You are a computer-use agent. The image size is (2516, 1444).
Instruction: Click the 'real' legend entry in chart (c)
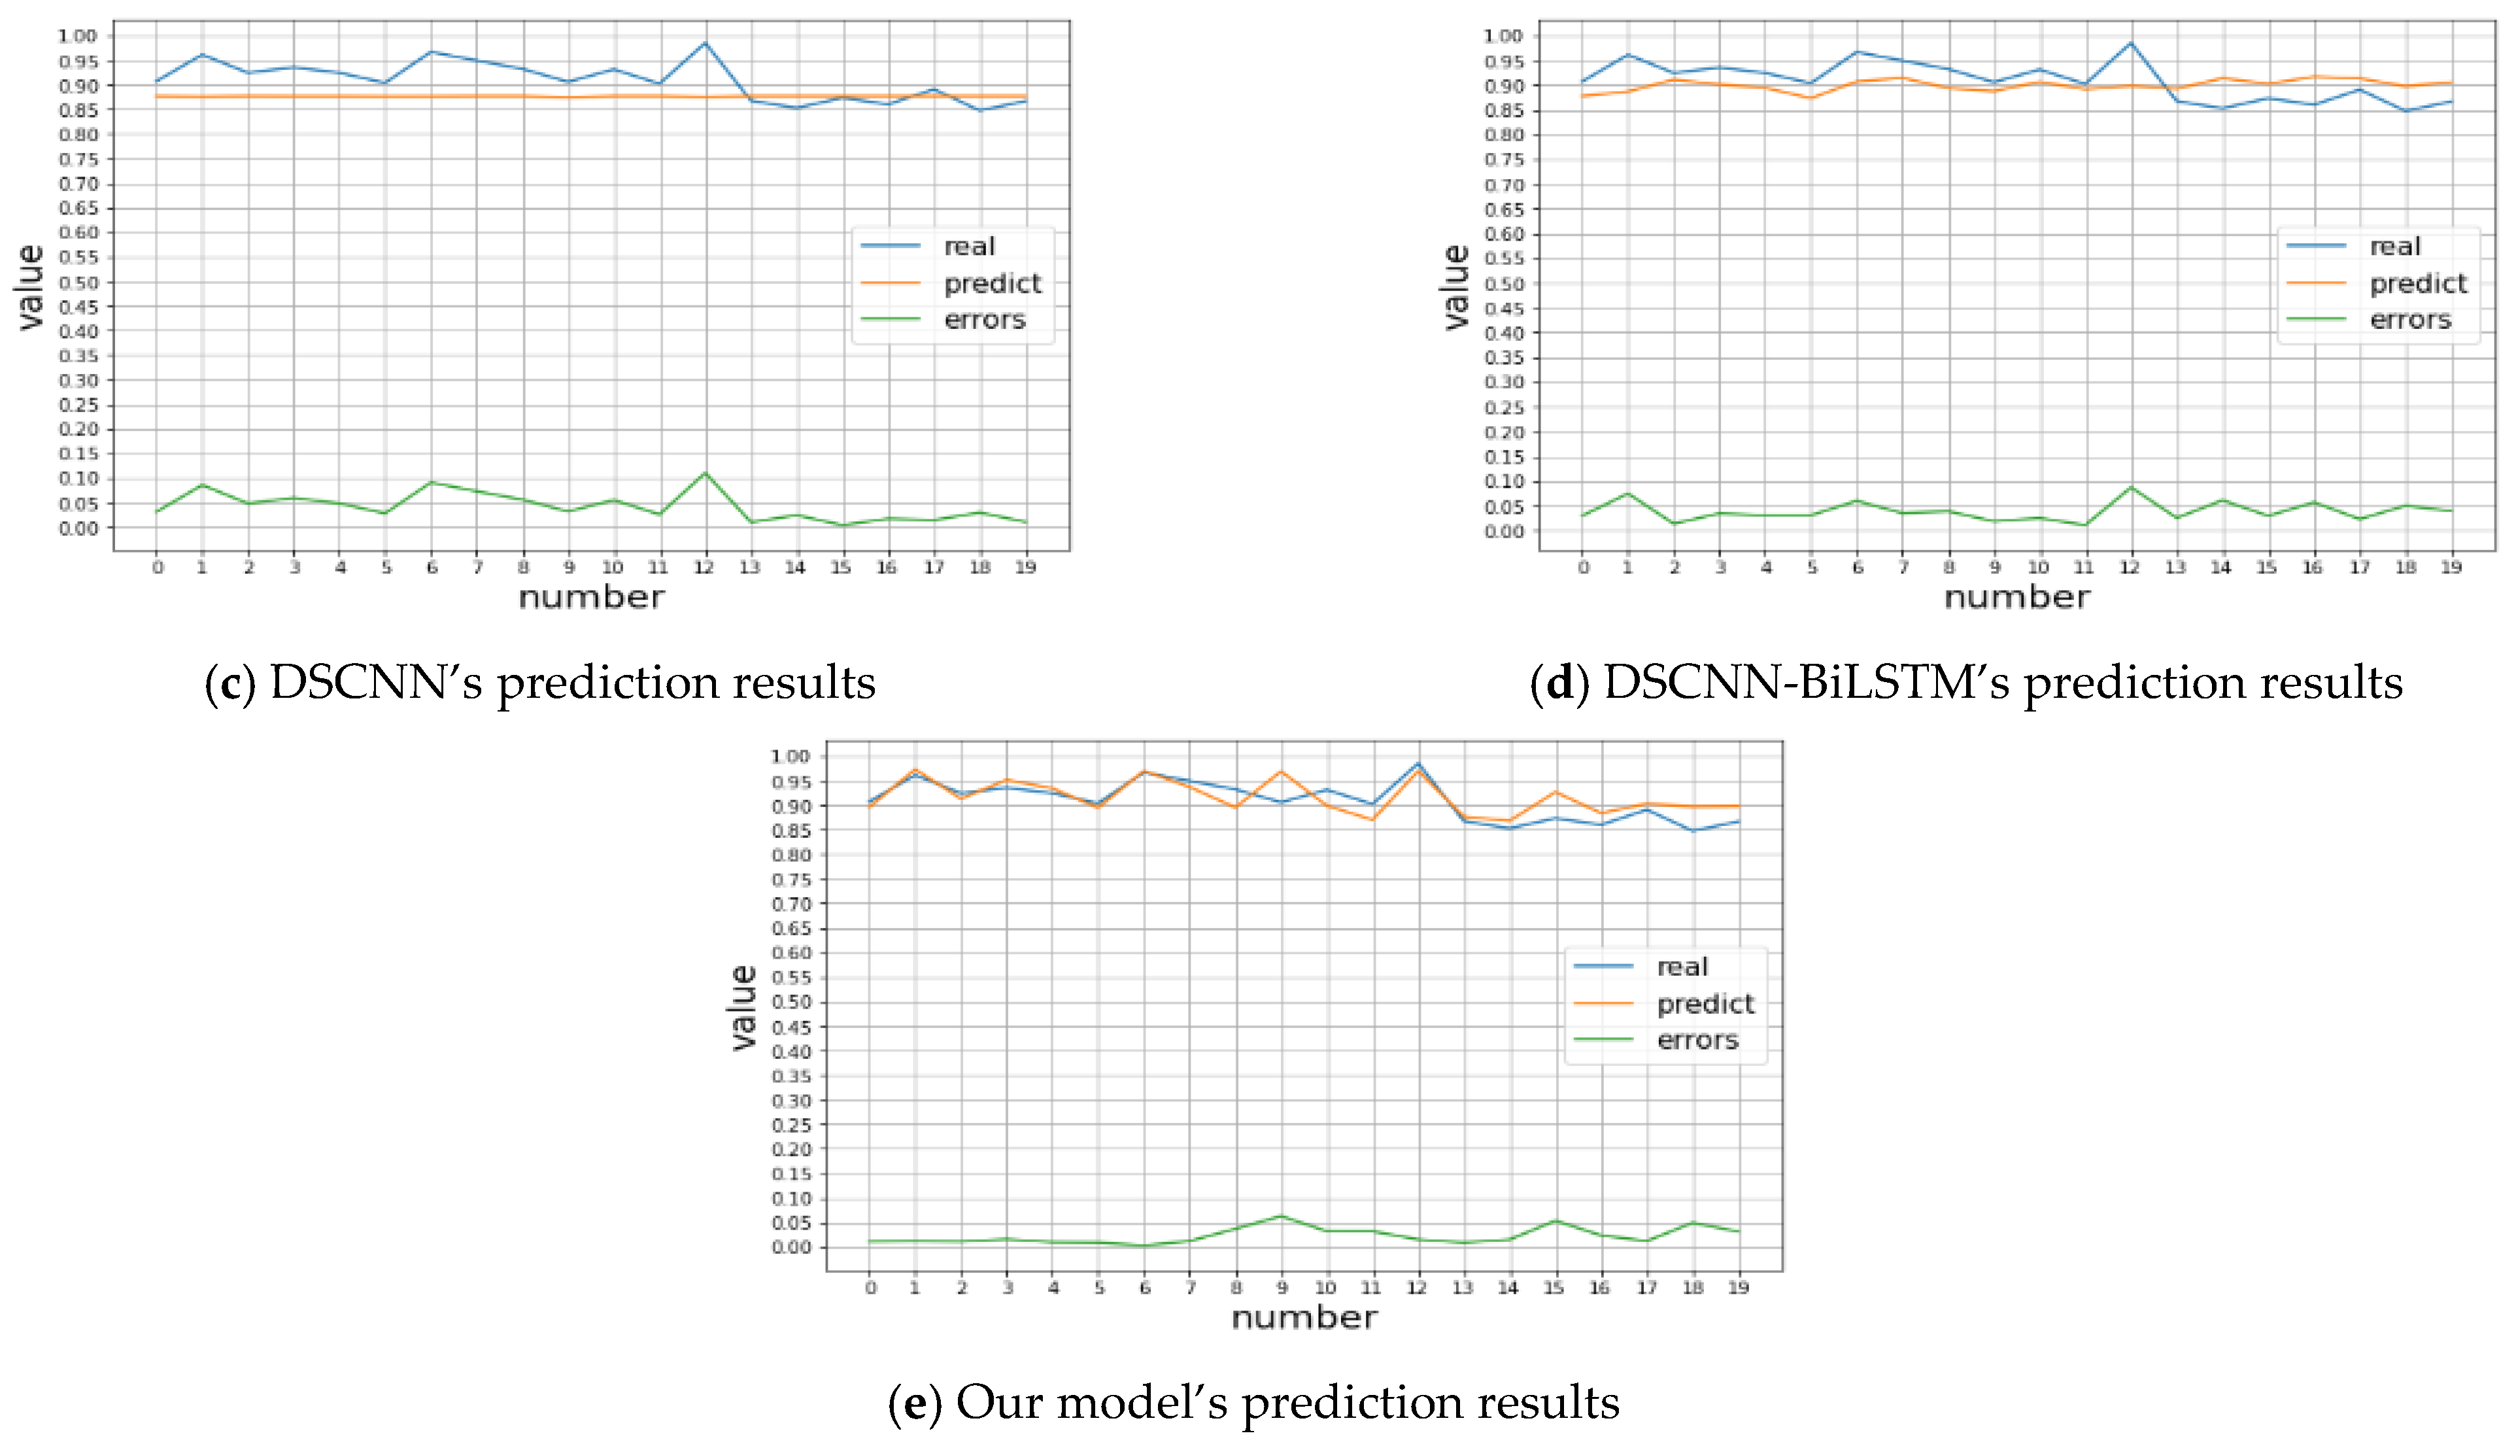(x=968, y=246)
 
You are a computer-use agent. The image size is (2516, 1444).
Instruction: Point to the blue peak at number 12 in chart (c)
(x=705, y=43)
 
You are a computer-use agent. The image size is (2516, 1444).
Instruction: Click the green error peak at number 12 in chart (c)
(x=705, y=473)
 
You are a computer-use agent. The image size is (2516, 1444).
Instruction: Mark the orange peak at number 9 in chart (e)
(x=1282, y=770)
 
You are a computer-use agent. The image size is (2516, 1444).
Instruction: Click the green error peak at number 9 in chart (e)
(x=1282, y=1215)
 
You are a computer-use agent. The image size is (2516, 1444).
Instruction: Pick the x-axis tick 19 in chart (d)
(x=2451, y=567)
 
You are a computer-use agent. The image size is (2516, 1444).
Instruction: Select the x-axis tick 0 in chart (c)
(x=157, y=567)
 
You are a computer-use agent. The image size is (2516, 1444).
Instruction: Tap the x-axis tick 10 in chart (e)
(x=1325, y=1287)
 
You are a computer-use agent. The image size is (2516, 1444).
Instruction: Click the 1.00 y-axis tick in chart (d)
(x=1502, y=36)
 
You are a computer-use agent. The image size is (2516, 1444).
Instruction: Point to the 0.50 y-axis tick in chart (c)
(x=78, y=283)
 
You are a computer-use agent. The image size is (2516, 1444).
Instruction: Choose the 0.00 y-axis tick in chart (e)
(x=791, y=1248)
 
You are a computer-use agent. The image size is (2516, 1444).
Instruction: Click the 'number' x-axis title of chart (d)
(x=2016, y=597)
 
